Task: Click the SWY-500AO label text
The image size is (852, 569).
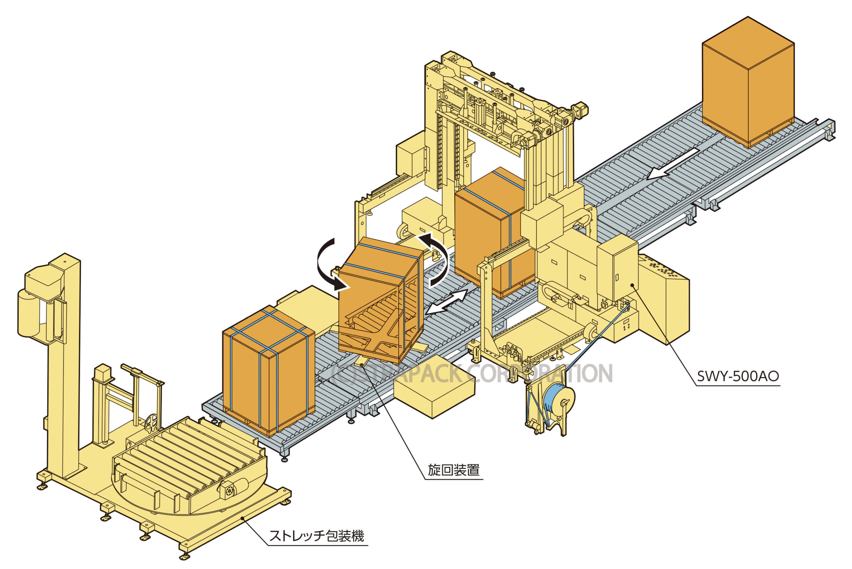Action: click(x=738, y=376)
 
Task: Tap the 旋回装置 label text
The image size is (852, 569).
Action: click(x=454, y=470)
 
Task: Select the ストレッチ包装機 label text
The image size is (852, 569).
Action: click(x=317, y=535)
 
